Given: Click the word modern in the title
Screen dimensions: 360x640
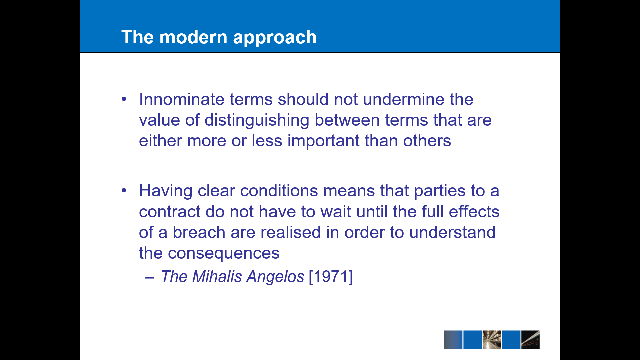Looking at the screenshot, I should (193, 37).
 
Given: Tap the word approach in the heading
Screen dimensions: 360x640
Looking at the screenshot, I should (275, 38).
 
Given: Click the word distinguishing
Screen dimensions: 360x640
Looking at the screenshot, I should (257, 121).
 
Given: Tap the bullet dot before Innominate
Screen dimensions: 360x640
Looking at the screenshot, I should (124, 99).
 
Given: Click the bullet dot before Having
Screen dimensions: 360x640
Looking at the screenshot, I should (124, 190).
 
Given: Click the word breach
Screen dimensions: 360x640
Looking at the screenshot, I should (199, 232).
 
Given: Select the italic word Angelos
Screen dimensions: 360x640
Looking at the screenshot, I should (275, 277).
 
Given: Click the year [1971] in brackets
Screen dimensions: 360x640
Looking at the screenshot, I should (331, 277).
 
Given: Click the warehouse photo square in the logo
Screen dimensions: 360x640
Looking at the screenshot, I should (492, 340).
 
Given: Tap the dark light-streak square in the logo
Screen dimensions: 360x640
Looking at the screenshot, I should (530, 340).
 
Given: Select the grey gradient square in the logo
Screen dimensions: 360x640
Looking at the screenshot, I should (453, 340).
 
